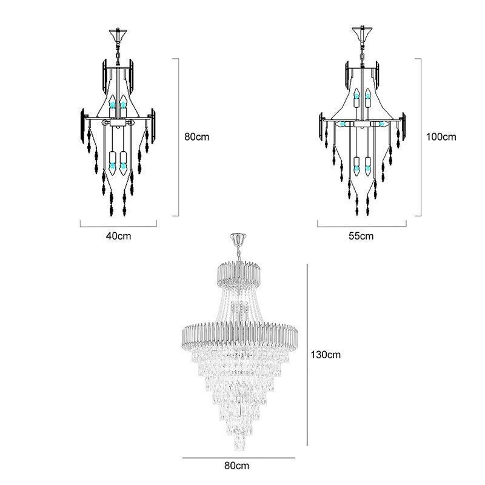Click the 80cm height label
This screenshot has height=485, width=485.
196,137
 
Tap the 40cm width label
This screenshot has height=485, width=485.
118,236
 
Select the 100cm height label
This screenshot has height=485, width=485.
441,137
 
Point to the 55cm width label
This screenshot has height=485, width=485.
361,236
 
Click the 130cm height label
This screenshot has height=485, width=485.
326,355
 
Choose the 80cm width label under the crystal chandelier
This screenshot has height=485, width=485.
236,466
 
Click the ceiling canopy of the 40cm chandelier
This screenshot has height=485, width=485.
118,34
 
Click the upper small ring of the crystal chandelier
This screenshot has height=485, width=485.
239,274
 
